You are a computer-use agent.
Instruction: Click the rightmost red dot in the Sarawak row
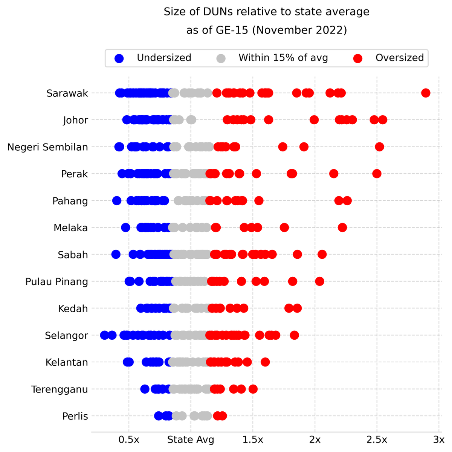(426, 93)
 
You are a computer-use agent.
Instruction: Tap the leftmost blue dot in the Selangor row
(105, 335)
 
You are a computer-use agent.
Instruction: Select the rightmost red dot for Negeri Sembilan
(379, 147)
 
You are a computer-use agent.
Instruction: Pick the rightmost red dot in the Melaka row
(342, 228)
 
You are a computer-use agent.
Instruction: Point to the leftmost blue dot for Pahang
(117, 201)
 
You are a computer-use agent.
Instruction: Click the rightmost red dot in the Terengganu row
(253, 389)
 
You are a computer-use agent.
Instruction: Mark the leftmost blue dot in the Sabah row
(116, 255)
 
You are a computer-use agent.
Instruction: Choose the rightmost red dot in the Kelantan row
(265, 362)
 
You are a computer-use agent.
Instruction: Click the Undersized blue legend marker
(119, 58)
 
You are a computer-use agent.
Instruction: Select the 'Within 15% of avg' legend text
(283, 58)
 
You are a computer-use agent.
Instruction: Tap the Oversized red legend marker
(358, 58)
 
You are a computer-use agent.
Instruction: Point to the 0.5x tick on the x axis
(129, 440)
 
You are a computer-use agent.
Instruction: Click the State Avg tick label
(191, 440)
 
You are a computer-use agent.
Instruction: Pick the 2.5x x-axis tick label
(377, 440)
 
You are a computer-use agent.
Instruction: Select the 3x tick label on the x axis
(438, 440)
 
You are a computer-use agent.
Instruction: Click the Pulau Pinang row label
(57, 282)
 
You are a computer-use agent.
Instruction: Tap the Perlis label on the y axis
(75, 416)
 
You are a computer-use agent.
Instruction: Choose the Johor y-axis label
(76, 120)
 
